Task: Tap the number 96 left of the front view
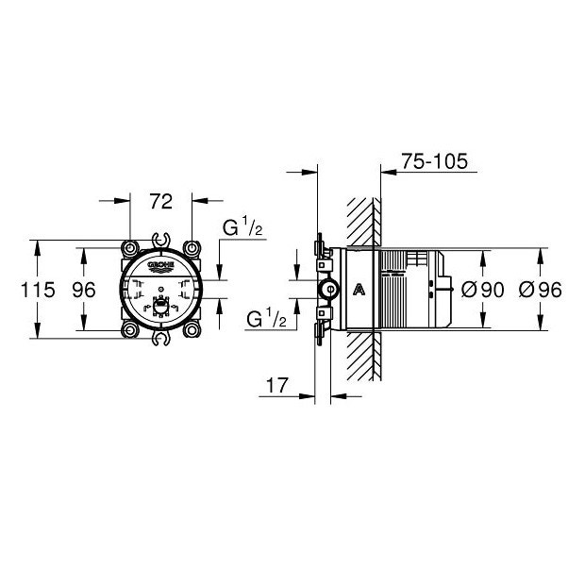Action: [x=85, y=291]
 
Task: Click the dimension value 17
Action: [x=277, y=385]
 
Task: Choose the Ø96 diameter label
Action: [x=542, y=291]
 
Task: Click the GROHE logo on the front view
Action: [x=161, y=267]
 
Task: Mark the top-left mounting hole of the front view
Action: [x=128, y=248]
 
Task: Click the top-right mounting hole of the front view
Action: [x=193, y=248]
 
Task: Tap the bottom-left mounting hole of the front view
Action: [x=128, y=330]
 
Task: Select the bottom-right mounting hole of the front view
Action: [x=193, y=330]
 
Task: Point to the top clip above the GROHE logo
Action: [x=161, y=242]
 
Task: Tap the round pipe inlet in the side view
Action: [x=327, y=290]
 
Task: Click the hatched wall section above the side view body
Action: [x=362, y=223]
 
